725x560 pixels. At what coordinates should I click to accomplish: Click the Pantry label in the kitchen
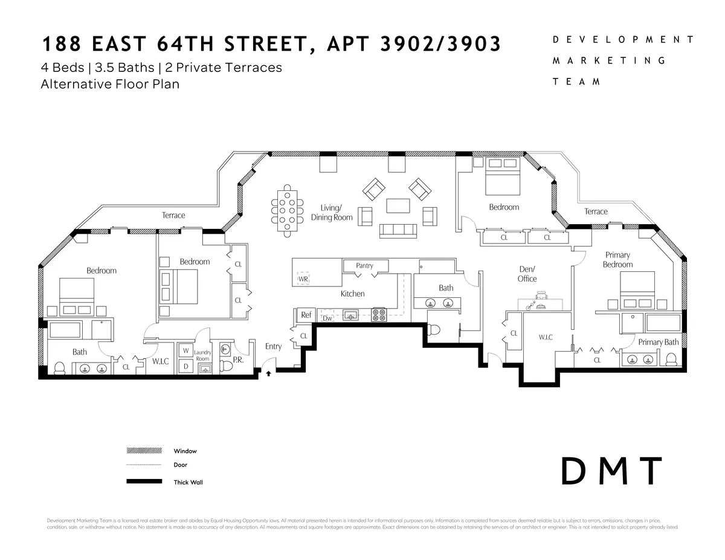(x=364, y=265)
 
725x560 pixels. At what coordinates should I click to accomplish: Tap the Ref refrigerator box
(x=306, y=315)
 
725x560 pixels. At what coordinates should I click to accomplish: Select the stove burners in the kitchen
(x=379, y=314)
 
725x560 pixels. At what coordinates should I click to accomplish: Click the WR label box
(x=303, y=279)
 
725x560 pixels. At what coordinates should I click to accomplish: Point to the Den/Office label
(x=527, y=274)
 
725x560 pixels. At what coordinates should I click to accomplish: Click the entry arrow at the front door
(x=268, y=374)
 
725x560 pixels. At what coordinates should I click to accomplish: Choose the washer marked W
(x=185, y=350)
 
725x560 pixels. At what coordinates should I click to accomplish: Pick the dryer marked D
(x=185, y=365)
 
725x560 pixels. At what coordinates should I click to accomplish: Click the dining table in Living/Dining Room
(x=288, y=211)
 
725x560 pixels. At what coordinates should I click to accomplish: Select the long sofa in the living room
(x=397, y=230)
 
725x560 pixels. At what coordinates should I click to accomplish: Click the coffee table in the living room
(x=397, y=206)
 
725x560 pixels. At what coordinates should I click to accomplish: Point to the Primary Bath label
(x=659, y=342)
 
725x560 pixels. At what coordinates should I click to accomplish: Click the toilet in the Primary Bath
(x=671, y=359)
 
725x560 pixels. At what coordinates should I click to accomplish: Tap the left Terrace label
(x=173, y=215)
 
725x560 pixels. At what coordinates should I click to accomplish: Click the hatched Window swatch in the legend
(x=144, y=451)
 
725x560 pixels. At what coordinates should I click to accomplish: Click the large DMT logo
(x=611, y=471)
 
